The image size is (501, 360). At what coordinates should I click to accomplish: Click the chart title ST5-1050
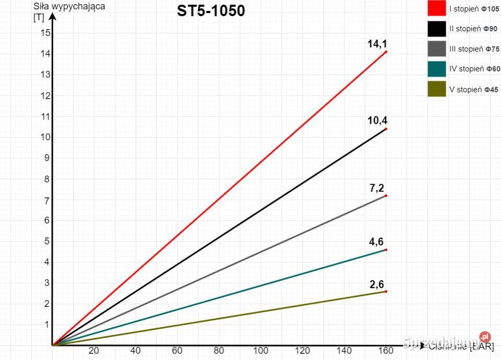pyautogui.click(x=210, y=10)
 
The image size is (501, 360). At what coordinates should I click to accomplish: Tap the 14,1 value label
pyautogui.click(x=377, y=44)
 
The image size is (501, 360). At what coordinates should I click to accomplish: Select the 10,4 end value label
pyautogui.click(x=377, y=121)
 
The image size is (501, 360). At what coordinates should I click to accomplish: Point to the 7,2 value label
pyautogui.click(x=377, y=188)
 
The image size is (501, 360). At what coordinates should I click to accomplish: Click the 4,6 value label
pyautogui.click(x=377, y=242)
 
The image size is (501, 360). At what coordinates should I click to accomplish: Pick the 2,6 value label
pyautogui.click(x=377, y=284)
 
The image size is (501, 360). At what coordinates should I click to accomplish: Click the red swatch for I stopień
pyautogui.click(x=437, y=9)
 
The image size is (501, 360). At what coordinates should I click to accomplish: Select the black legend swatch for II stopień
pyautogui.click(x=437, y=29)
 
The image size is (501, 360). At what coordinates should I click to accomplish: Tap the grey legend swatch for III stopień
pyautogui.click(x=437, y=49)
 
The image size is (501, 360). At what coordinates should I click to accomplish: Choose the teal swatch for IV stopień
pyautogui.click(x=437, y=69)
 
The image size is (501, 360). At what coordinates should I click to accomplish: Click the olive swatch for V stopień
pyautogui.click(x=437, y=89)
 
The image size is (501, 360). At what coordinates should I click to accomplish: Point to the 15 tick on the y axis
pyautogui.click(x=45, y=33)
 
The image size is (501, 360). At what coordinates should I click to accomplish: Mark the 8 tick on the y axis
pyautogui.click(x=47, y=179)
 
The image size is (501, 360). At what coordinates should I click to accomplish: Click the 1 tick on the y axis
pyautogui.click(x=47, y=325)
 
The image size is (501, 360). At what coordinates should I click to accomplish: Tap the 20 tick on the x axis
pyautogui.click(x=94, y=351)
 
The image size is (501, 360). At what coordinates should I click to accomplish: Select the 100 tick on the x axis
pyautogui.click(x=261, y=351)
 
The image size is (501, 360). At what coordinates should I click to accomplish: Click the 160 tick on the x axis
pyautogui.click(x=386, y=351)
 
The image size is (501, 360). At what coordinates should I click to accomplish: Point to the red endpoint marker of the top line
pyautogui.click(x=386, y=52)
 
